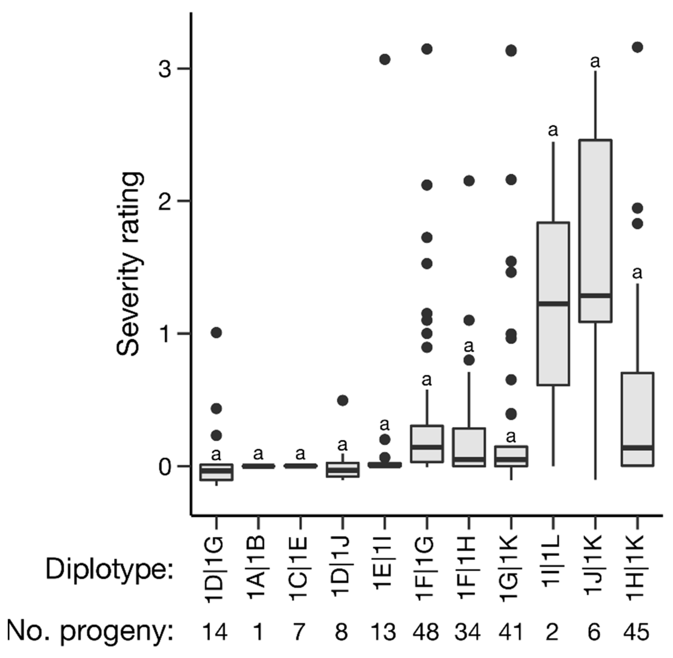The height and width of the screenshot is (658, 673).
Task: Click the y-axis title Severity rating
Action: coord(129,264)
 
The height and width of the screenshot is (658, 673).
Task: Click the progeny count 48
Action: coord(426,632)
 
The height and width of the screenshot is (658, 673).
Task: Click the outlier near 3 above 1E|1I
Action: coord(385,59)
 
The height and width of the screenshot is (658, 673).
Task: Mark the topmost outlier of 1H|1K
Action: coord(637,47)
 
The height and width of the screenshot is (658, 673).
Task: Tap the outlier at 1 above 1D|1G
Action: coord(216,333)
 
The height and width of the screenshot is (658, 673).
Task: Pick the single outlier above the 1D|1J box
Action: coord(342,401)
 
